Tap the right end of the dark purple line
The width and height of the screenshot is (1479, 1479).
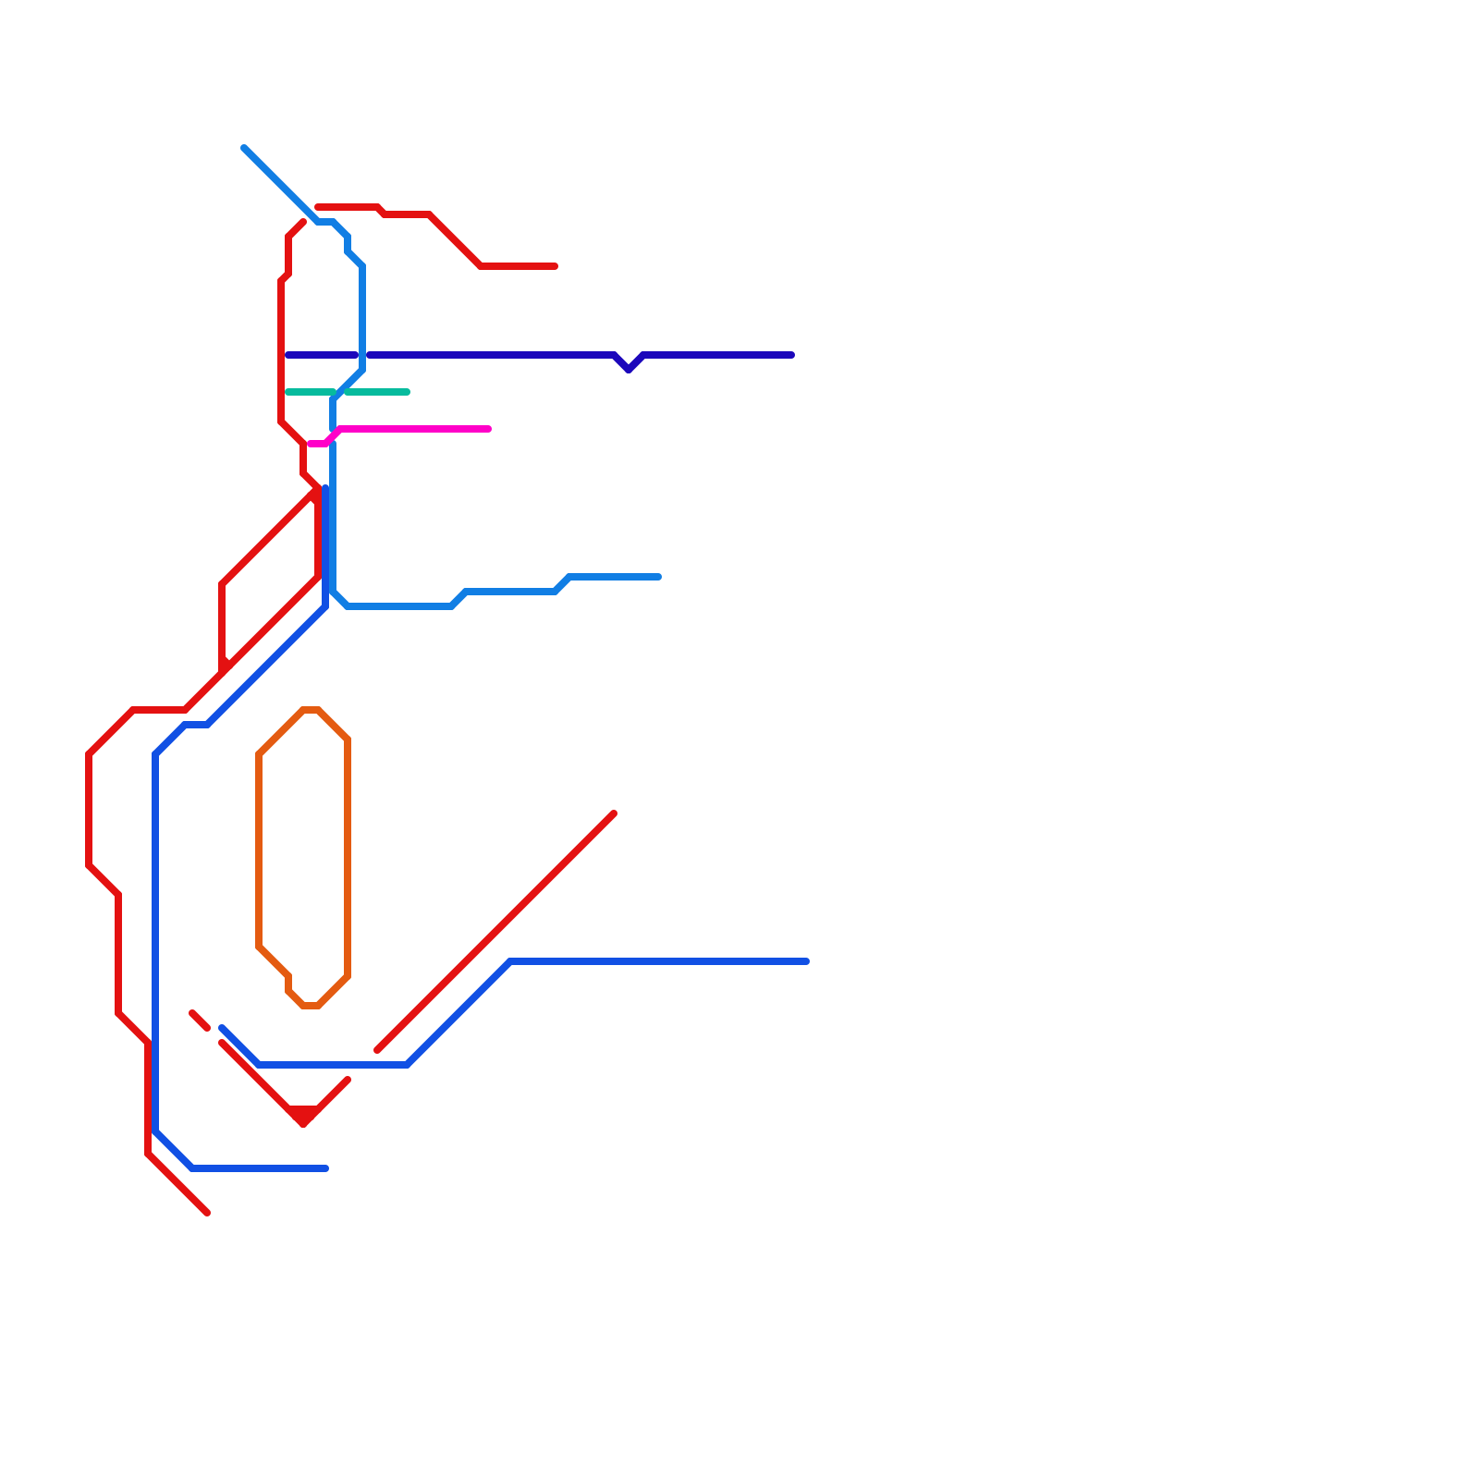pos(792,355)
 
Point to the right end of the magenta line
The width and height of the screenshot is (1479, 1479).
pos(489,429)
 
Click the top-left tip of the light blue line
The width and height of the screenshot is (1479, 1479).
pos(244,148)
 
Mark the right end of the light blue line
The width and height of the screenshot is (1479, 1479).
pos(659,577)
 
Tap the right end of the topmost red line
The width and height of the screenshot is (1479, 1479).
pos(556,266)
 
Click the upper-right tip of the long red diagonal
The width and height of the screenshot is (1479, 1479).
pos(614,813)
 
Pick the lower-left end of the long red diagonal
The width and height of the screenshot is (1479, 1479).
pos(377,1050)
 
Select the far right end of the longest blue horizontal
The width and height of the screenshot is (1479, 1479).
pos(807,961)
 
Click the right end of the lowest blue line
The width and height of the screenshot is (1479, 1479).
pos(326,1168)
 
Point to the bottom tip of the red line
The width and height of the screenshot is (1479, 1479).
pos(207,1213)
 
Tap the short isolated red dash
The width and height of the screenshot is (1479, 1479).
pos(200,1021)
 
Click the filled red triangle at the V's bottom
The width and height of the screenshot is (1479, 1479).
pos(303,1115)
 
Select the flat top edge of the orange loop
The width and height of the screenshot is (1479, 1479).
pos(311,710)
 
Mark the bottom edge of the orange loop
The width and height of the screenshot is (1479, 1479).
pos(311,1006)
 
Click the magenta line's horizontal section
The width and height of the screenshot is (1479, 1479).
pos(416,429)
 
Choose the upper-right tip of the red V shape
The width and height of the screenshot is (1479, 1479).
pos(348,1080)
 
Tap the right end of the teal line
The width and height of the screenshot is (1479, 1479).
pos(408,392)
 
